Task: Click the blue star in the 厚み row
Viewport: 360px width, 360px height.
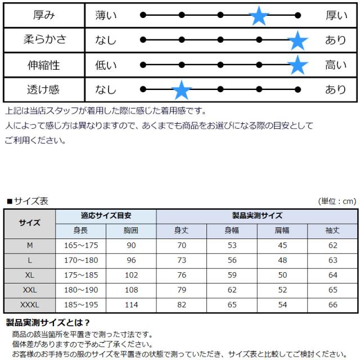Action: click(x=259, y=15)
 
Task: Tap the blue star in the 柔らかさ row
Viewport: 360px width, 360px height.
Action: click(x=298, y=40)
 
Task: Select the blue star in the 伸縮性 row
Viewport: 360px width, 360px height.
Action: click(x=298, y=65)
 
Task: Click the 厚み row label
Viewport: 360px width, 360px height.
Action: click(x=44, y=16)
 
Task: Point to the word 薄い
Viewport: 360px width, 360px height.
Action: click(x=106, y=16)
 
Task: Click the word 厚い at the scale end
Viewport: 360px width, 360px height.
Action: click(x=336, y=16)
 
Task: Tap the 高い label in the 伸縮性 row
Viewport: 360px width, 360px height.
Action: click(x=336, y=65)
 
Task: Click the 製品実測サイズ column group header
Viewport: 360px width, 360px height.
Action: click(x=257, y=215)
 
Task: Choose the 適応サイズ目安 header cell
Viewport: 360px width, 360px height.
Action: click(x=106, y=215)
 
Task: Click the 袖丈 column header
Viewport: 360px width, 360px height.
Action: click(x=332, y=230)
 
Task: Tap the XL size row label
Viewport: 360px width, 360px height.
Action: click(x=30, y=275)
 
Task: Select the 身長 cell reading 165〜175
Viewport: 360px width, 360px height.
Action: click(x=81, y=245)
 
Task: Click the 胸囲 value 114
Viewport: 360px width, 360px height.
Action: click(x=130, y=305)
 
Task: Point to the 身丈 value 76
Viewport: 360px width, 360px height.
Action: click(x=181, y=275)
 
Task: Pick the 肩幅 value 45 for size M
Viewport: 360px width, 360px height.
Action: click(x=282, y=245)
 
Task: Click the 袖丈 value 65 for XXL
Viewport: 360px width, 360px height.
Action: click(x=332, y=290)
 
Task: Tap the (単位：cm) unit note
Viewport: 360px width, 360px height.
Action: click(x=337, y=201)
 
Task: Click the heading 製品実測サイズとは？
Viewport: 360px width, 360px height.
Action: click(x=48, y=323)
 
